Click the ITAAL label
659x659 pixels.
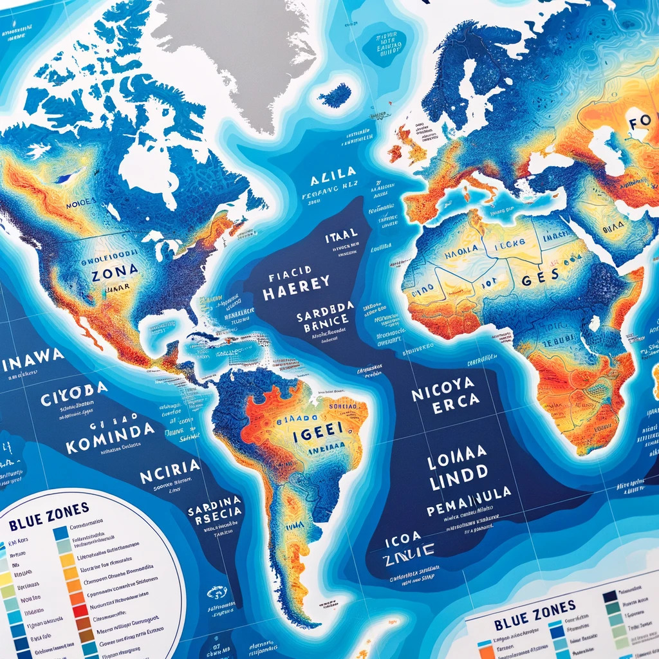[x=341, y=238]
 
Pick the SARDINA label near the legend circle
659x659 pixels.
[x=215, y=500]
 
